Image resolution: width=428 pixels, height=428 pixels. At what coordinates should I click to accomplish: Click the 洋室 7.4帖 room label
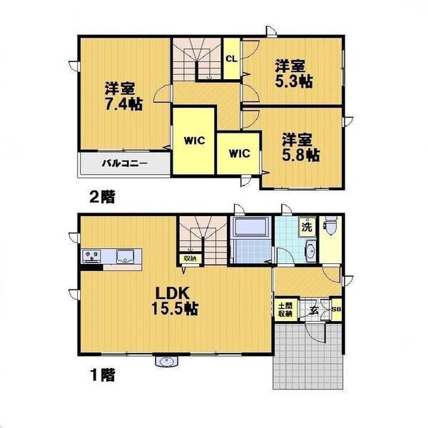pos(123,97)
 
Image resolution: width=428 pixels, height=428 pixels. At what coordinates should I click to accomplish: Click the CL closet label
pos(232,58)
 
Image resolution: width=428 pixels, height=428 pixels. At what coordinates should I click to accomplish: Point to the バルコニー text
pos(123,163)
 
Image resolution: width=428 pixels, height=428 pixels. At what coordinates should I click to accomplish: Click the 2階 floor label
pos(103,195)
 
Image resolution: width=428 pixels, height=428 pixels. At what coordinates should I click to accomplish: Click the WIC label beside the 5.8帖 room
pos(239,152)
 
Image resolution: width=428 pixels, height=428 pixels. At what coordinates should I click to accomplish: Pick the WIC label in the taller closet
pos(194,140)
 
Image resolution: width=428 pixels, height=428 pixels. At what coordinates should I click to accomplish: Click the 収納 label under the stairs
pos(190,258)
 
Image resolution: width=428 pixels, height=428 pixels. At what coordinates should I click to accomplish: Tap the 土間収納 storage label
pos(285,309)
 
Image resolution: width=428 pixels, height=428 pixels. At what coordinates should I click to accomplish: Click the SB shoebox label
pos(337,310)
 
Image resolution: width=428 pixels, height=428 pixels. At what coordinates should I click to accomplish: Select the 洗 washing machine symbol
pos(307,228)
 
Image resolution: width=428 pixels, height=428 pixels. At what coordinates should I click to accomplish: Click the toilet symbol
pos(331,228)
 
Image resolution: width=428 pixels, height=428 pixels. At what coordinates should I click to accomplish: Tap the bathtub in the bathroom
pos(250,229)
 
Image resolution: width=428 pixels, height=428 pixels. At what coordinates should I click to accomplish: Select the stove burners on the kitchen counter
pos(92,255)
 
